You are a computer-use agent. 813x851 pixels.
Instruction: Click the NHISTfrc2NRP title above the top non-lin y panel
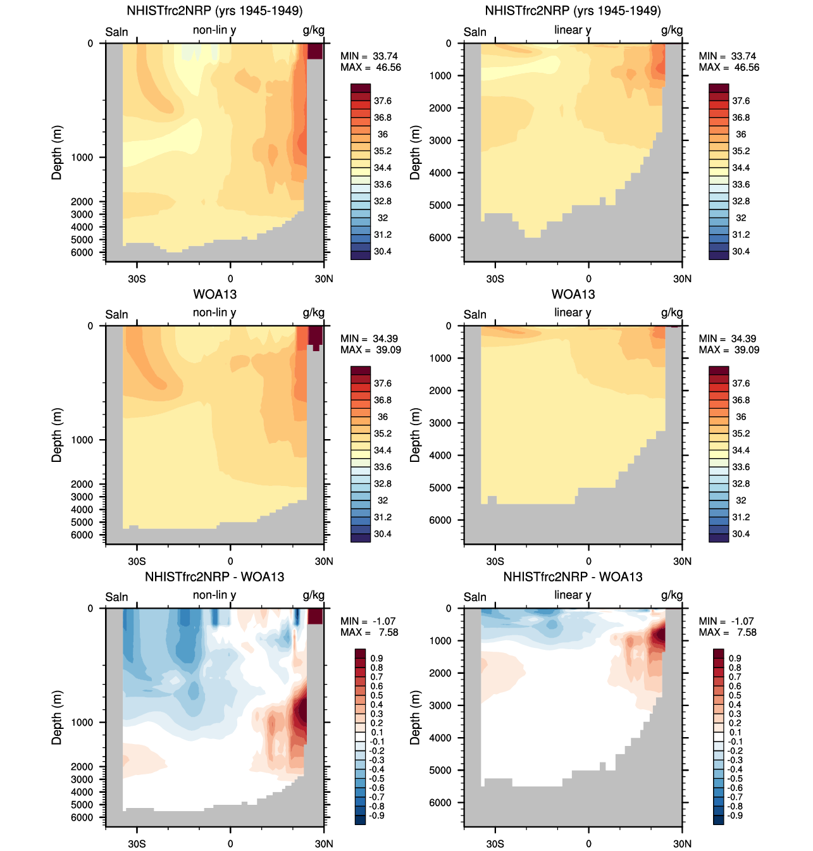pos(214,11)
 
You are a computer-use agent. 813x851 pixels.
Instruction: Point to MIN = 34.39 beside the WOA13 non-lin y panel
pos(369,339)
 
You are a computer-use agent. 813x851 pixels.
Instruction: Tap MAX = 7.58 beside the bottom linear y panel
pos(728,633)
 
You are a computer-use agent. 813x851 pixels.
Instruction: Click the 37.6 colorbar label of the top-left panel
pos(382,101)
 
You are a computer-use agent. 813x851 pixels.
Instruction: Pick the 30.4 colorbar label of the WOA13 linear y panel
pos(741,534)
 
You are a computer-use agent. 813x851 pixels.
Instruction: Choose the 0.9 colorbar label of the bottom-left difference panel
pos(376,659)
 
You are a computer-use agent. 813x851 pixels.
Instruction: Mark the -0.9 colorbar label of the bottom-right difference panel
pos(735,816)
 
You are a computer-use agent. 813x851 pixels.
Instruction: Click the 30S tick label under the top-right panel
pos(495,279)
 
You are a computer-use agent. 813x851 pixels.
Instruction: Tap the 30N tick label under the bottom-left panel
pos(324,844)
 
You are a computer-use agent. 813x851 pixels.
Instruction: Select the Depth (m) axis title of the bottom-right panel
pos(415,717)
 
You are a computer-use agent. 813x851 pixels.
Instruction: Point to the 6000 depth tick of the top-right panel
pos(440,238)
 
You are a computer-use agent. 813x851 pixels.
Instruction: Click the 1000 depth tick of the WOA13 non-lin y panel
pos(82,440)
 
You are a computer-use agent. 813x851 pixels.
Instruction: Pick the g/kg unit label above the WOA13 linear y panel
pos(672,313)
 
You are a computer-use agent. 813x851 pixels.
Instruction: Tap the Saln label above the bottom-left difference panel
pos(116,597)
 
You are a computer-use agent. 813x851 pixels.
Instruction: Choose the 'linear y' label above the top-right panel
pos(573,30)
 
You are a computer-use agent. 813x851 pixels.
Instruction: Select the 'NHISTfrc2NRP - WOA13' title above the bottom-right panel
pos(573,577)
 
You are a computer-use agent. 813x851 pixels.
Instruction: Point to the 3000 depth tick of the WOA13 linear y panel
pos(440,423)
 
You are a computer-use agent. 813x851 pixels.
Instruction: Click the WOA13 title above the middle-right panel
pos(573,294)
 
